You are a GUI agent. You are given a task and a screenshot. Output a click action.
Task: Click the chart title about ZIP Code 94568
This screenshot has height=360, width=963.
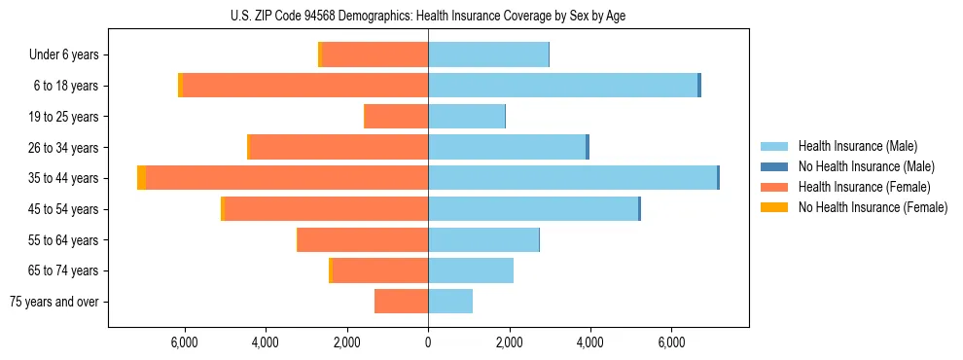(428, 14)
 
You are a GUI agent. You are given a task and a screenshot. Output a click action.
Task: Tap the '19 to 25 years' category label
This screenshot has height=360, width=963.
(60, 117)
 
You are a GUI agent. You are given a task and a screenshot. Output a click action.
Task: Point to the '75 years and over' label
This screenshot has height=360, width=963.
(53, 302)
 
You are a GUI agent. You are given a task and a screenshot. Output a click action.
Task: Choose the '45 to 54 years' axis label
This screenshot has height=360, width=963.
(60, 209)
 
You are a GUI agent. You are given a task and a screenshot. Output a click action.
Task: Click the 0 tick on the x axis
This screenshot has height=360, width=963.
(428, 342)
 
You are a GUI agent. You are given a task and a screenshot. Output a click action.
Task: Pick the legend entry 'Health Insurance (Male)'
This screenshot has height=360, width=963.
(856, 146)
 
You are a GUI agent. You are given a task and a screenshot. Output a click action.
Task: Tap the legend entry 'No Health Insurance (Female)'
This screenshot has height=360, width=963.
(873, 207)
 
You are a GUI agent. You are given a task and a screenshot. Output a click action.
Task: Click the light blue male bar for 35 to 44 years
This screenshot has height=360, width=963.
(572, 178)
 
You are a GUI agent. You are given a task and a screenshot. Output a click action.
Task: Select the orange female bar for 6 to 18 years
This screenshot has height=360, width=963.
(305, 86)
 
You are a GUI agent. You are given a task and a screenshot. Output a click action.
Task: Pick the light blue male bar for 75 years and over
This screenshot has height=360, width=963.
(450, 302)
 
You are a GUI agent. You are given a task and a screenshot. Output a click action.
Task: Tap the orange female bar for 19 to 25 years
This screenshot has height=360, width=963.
(396, 117)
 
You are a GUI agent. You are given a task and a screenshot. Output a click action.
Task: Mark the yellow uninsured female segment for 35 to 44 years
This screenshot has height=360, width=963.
(142, 178)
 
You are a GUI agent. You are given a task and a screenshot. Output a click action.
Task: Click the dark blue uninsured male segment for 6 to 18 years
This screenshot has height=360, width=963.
(699, 86)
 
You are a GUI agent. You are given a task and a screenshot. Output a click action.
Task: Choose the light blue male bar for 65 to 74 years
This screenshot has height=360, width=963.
(471, 270)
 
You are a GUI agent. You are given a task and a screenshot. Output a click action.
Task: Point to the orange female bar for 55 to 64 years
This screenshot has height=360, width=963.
(363, 240)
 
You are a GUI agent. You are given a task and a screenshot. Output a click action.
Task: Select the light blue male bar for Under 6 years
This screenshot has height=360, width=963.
(488, 55)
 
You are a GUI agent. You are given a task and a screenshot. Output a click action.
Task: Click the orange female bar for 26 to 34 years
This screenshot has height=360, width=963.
(339, 147)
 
